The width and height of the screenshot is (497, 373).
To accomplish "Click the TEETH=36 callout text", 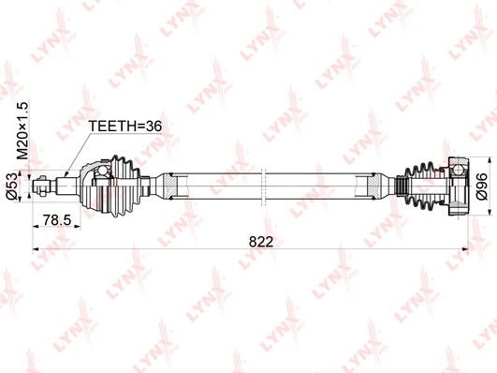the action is coord(124,126).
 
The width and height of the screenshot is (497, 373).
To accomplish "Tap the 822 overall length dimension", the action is coord(261,242).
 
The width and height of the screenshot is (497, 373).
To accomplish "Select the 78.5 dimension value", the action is coord(57,220).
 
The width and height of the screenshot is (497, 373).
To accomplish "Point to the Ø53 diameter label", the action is coord(12,186).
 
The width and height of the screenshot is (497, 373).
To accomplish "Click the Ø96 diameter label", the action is coord(482,186).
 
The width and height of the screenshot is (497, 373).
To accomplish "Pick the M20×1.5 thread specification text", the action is coord(22,130).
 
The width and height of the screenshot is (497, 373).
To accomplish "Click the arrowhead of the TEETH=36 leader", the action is coord(66,174).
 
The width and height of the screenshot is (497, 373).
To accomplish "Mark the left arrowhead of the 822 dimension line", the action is coord(37,249).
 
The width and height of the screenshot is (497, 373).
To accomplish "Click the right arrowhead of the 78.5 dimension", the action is coord(78,226).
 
